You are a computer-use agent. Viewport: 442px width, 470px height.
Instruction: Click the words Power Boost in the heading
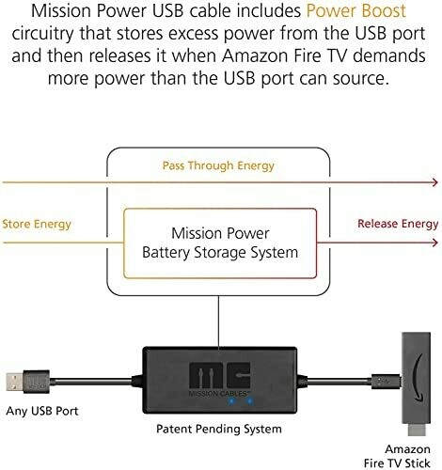click(x=356, y=10)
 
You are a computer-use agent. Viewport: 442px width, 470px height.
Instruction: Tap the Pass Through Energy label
click(x=218, y=165)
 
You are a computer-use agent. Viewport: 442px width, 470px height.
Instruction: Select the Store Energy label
click(x=37, y=225)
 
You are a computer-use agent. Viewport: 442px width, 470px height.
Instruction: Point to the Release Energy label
click(x=398, y=224)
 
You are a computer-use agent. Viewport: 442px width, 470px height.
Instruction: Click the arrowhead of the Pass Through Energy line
click(x=434, y=182)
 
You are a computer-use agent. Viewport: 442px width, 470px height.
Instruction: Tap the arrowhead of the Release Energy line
click(x=434, y=243)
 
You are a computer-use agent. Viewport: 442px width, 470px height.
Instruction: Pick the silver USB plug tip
click(x=14, y=382)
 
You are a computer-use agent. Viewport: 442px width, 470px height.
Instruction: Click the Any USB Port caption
click(x=42, y=411)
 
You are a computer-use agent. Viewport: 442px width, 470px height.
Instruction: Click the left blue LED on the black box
click(x=231, y=401)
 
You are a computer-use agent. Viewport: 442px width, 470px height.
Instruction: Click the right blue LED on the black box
click(x=250, y=400)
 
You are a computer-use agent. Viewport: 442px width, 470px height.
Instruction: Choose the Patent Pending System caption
click(x=219, y=429)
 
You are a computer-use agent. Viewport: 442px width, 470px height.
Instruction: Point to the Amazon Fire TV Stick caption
click(x=397, y=456)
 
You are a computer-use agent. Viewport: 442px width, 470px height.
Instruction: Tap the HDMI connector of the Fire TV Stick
click(x=418, y=430)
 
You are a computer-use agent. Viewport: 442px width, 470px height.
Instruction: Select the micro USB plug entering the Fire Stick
click(x=386, y=382)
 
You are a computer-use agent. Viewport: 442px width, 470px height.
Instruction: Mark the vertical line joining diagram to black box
click(x=218, y=321)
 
